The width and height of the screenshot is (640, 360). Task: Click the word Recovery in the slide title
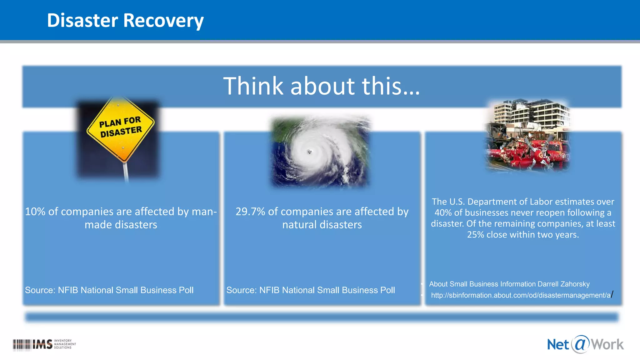coord(163,21)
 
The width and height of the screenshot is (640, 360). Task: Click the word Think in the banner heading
coord(253,86)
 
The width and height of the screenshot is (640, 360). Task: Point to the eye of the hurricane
coord(309,152)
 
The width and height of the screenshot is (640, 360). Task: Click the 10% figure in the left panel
coord(35,212)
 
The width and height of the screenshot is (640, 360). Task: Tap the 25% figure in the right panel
coord(474,235)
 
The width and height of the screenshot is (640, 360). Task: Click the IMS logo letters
coord(42,344)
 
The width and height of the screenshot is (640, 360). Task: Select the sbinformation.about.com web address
coord(521,295)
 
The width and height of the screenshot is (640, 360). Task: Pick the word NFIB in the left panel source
coord(68,290)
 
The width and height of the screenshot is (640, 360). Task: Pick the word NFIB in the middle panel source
coord(269,290)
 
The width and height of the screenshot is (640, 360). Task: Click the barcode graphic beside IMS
coord(22,345)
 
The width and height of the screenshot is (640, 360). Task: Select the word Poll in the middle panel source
coord(387,290)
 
